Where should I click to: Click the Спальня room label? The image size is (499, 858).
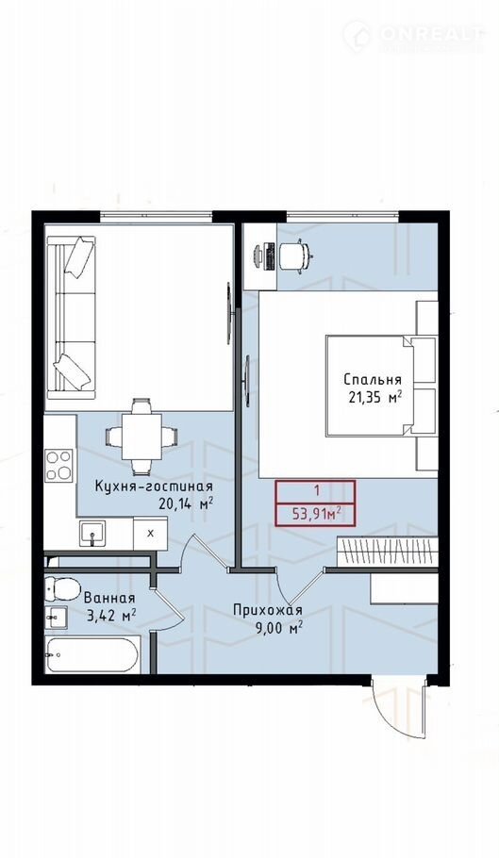(373, 380)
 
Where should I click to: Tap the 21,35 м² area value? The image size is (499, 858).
(375, 397)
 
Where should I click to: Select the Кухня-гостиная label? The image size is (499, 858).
(154, 487)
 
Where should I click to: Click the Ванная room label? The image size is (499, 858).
(109, 598)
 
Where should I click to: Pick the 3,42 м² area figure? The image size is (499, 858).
(111, 616)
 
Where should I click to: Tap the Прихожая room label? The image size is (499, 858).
(268, 610)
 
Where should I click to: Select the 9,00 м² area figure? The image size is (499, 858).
(279, 628)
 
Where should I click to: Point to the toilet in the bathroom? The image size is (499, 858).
(63, 588)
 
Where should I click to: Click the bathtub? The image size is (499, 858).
(91, 654)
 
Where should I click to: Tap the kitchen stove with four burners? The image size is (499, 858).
(59, 465)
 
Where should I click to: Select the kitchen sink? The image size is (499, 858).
(93, 534)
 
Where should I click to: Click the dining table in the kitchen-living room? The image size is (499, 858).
(141, 437)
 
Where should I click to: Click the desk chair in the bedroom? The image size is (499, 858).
(296, 254)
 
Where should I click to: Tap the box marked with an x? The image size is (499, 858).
(151, 533)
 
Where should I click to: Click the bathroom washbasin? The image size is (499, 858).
(57, 618)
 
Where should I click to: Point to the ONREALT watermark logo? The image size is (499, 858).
(414, 36)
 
